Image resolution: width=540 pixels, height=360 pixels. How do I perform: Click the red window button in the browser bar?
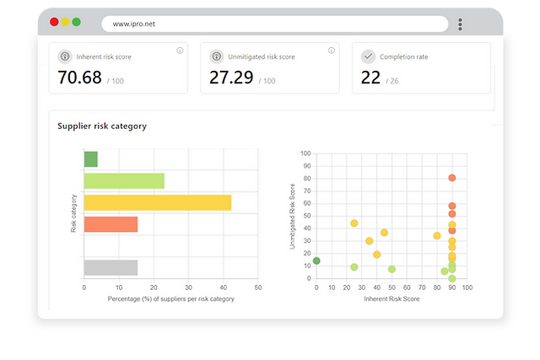[x=55, y=22]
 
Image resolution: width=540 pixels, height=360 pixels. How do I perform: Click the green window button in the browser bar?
[x=77, y=22]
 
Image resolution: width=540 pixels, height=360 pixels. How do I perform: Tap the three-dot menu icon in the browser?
[x=460, y=24]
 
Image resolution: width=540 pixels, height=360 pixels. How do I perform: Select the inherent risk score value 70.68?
[x=79, y=78]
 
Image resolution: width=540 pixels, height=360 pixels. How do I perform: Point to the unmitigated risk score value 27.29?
[x=231, y=78]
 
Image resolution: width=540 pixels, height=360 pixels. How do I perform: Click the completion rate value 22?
[x=370, y=78]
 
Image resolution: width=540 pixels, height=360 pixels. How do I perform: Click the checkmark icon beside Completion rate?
[x=368, y=56]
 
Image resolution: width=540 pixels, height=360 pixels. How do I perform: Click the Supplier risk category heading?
[x=102, y=126]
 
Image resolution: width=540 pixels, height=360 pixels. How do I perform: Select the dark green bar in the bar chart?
[x=90, y=159]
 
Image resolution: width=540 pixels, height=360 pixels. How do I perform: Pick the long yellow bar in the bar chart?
[x=157, y=202]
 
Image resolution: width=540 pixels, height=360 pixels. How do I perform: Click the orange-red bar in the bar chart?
[x=111, y=224]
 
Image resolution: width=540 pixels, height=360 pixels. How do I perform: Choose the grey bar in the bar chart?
[x=111, y=267]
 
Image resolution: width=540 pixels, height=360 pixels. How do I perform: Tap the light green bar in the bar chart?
[x=124, y=180]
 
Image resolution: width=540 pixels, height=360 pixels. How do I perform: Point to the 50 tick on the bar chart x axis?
[x=257, y=287]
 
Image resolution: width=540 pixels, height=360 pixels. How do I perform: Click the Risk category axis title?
[x=74, y=213]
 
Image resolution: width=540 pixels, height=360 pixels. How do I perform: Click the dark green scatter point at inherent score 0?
[x=316, y=261]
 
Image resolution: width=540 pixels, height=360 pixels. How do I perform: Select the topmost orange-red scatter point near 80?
[x=452, y=178]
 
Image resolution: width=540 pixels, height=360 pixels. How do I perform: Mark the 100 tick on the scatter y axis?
[x=306, y=153]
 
